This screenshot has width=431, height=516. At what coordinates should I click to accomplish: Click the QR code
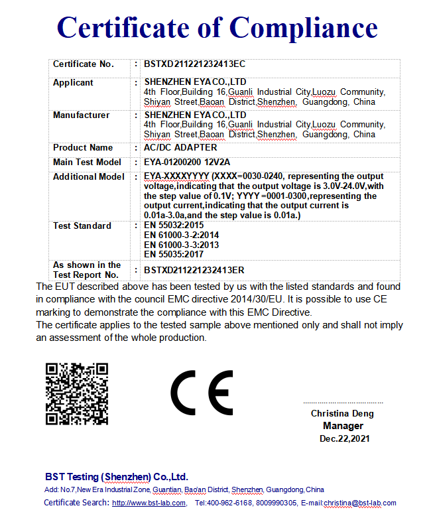coord(76,394)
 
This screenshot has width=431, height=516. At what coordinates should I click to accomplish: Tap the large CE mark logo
coord(202,392)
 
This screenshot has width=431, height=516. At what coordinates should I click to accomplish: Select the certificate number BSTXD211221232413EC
coord(194,64)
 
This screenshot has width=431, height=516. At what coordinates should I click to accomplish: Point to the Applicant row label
coord(73,83)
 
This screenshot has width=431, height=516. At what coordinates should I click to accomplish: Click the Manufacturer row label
coord(81,115)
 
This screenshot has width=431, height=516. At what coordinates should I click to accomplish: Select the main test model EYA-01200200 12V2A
coord(187,162)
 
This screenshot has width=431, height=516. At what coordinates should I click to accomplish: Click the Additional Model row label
coord(88,177)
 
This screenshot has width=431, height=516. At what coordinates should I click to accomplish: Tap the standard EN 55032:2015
coord(174,226)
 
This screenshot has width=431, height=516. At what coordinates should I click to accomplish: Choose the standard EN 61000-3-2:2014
coord(181,235)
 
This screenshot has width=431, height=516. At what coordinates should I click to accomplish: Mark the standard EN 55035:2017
coord(174,254)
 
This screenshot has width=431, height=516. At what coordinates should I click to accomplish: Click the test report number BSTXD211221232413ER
coord(194,270)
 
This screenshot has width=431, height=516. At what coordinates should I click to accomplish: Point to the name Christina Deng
coord(342,414)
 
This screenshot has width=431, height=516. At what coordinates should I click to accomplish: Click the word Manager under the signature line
coord(343,426)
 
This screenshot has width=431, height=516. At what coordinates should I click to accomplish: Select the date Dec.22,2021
coord(344,438)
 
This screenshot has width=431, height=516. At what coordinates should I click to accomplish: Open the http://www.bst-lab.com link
coord(149,503)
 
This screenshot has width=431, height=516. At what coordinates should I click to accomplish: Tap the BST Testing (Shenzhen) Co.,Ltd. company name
coord(117,477)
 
